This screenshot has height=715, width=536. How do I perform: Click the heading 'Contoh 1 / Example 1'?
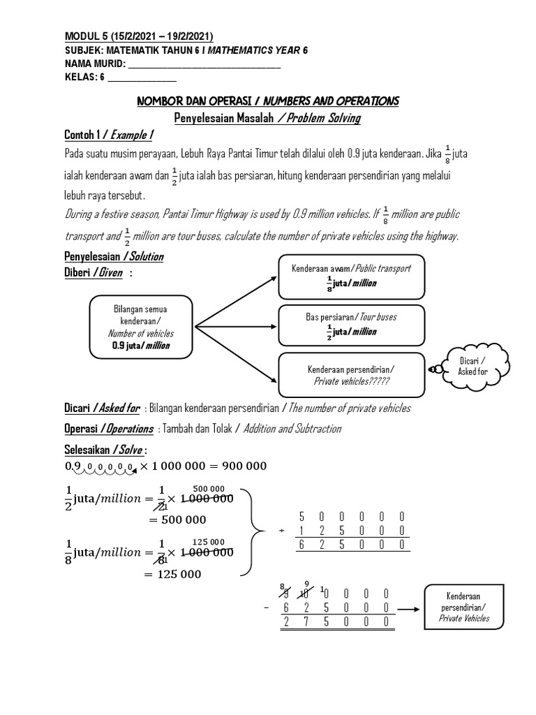pos(109,135)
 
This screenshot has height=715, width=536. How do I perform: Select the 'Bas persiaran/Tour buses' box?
pos(350,324)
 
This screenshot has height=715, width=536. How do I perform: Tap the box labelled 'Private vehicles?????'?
pos(350,374)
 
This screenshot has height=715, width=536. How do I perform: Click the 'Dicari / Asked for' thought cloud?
pos(472,366)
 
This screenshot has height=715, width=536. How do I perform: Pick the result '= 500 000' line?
pos(177,519)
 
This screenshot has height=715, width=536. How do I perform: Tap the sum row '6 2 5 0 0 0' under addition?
pos(352,546)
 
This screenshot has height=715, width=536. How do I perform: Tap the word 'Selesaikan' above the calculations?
pos(87,447)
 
